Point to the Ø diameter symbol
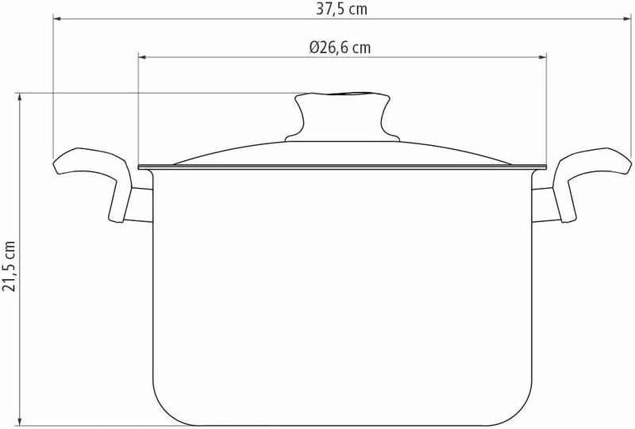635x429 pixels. [x=315, y=48]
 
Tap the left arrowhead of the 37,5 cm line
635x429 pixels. [x=58, y=22]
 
